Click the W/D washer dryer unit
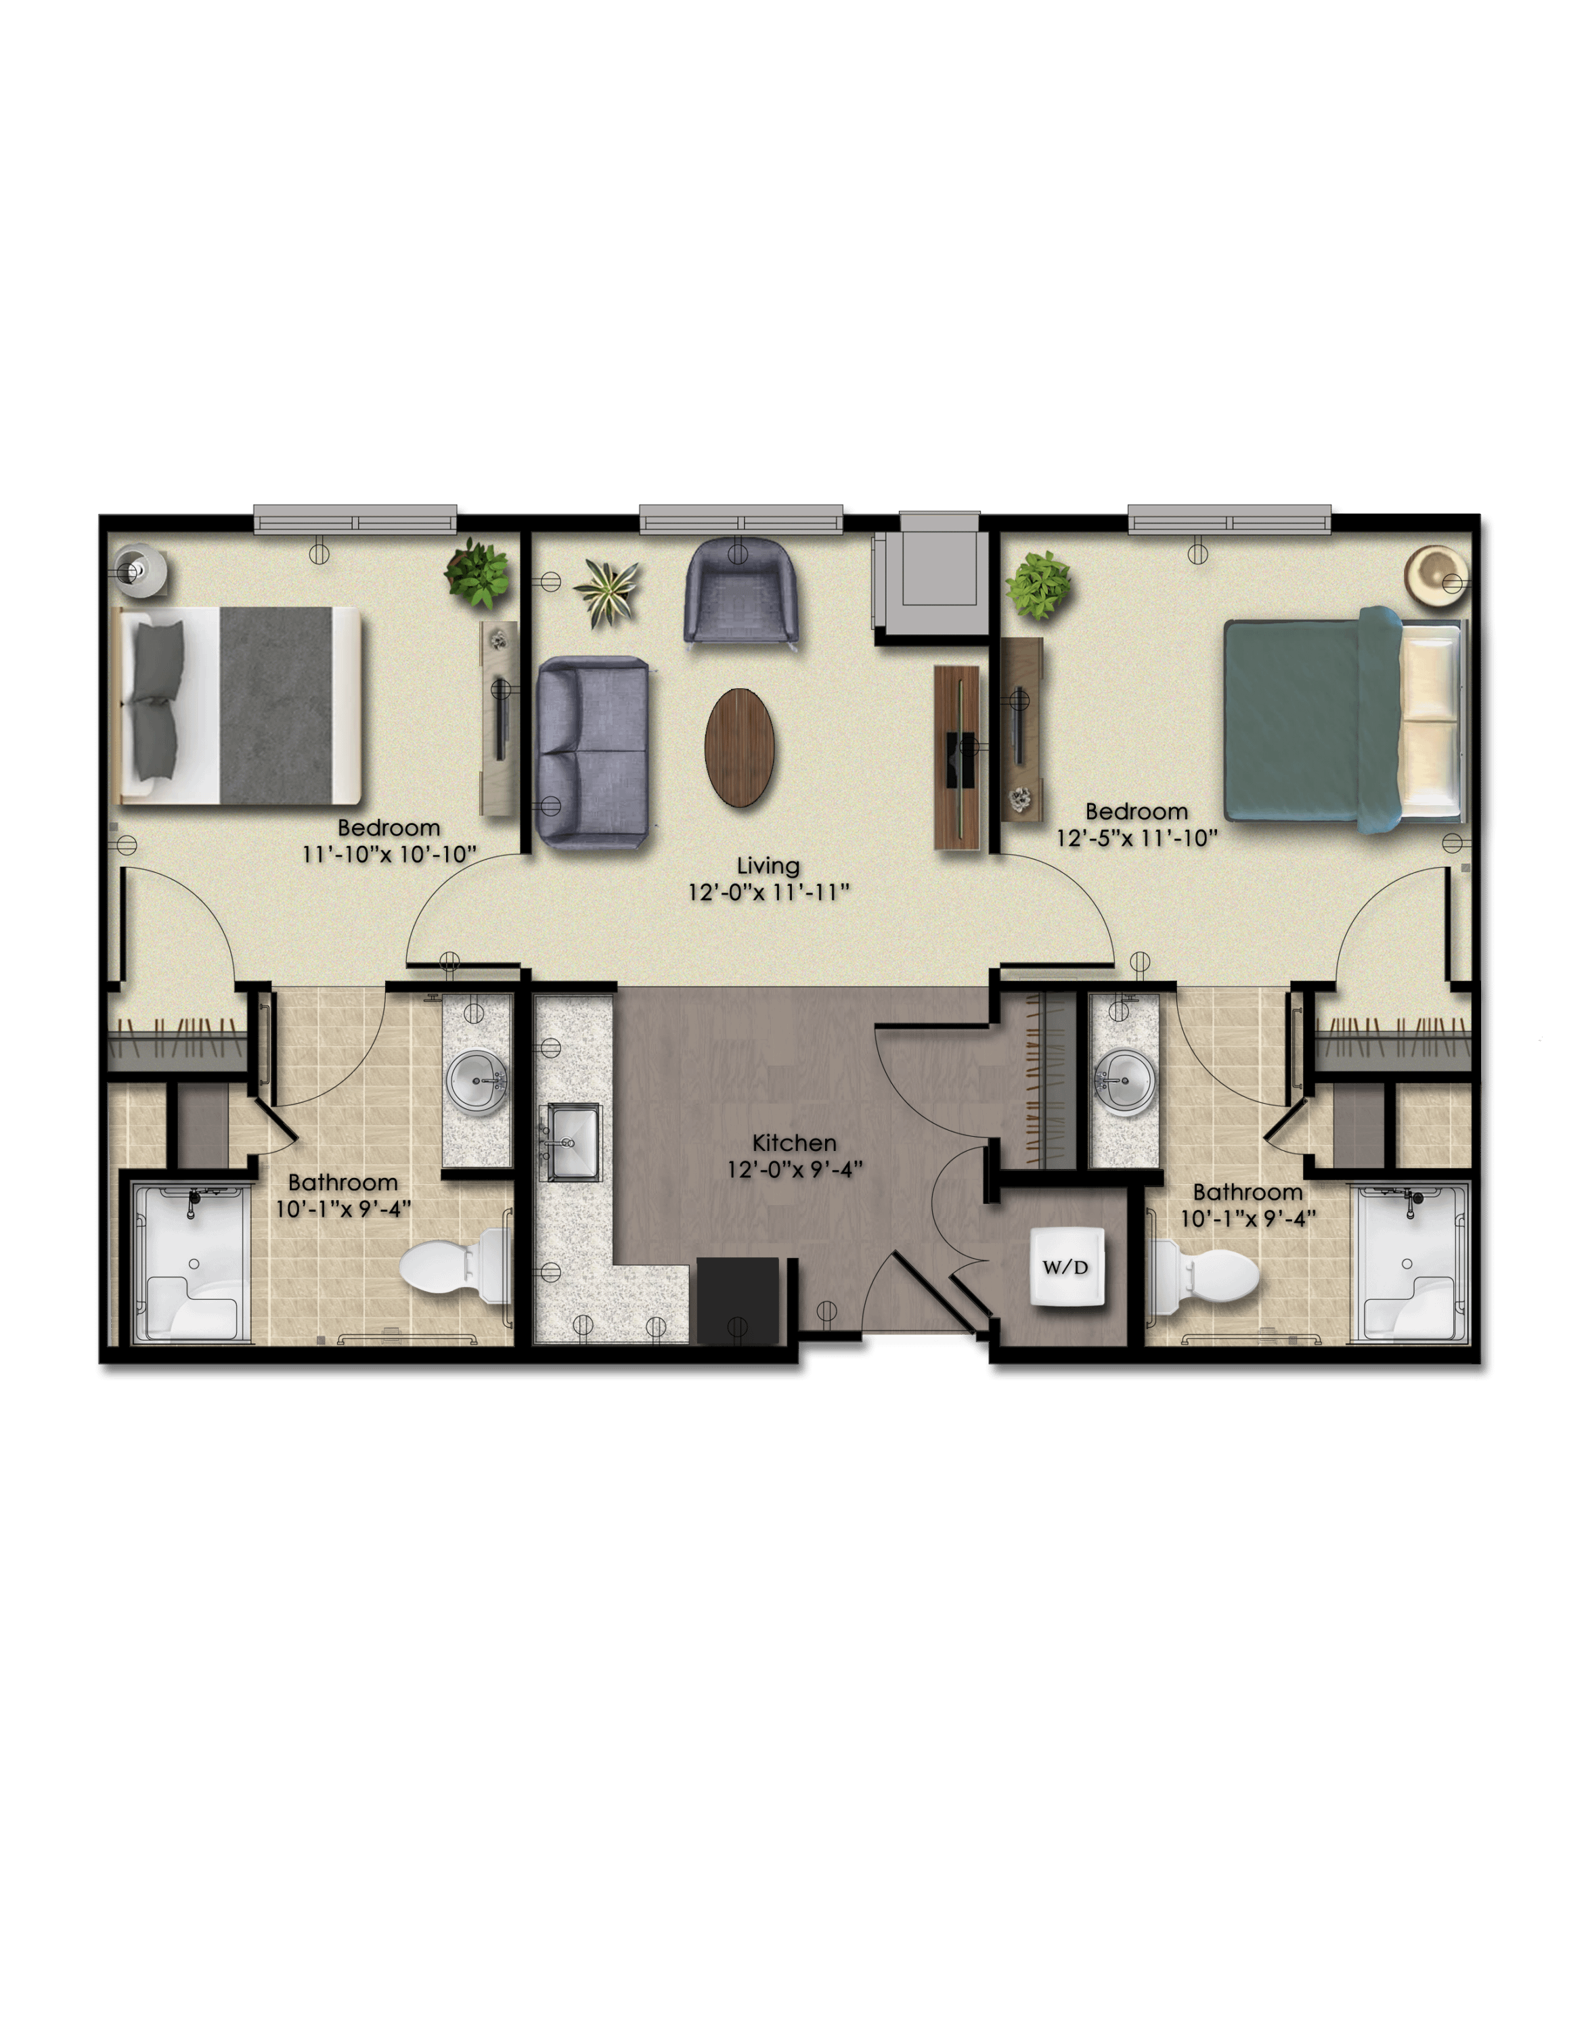point(1066,1267)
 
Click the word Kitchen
point(794,1142)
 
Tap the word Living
point(768,866)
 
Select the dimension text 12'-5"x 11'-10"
point(1136,838)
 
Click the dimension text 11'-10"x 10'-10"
point(389,853)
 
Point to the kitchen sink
point(573,1142)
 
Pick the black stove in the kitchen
point(737,1301)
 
